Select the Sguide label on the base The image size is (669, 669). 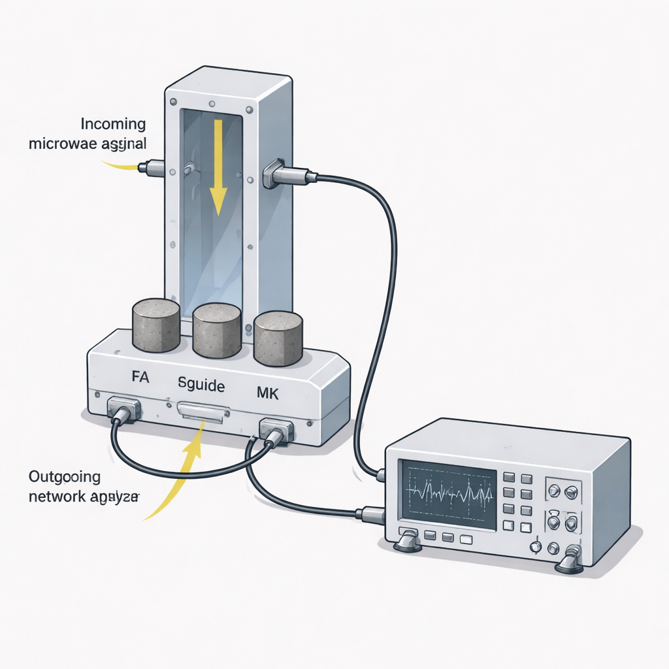coord(201,385)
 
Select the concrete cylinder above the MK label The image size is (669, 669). coord(278,338)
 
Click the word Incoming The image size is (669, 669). coord(113,124)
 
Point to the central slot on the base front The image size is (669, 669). coord(203,412)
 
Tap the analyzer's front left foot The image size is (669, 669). coord(408,542)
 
